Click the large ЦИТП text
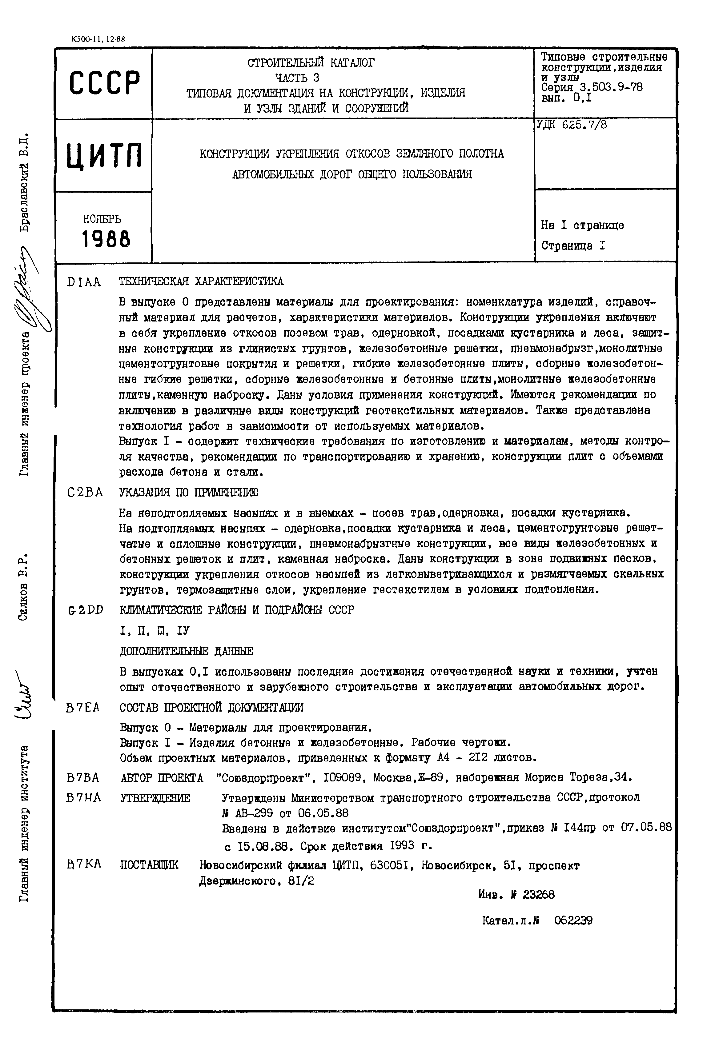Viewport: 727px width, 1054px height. click(104, 155)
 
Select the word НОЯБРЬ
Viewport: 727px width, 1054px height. click(102, 219)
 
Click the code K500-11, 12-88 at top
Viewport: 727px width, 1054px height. click(98, 39)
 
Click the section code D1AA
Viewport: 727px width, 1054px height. click(84, 282)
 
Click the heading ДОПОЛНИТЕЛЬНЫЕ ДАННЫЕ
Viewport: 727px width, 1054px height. click(186, 651)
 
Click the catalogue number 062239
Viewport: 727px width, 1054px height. click(573, 920)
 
